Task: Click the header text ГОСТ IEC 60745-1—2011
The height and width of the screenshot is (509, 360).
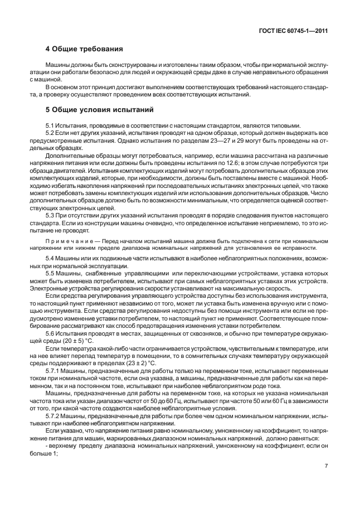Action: coord(292,32)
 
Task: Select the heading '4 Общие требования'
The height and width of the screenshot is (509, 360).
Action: coord(84,49)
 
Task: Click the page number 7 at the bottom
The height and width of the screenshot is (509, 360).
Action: coord(325,466)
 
